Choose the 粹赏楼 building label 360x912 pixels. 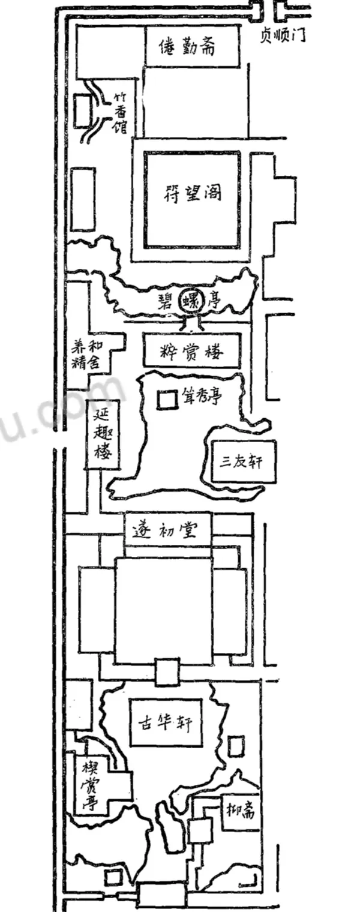pyautogui.click(x=191, y=351)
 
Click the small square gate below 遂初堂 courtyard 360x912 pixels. pyautogui.click(x=166, y=671)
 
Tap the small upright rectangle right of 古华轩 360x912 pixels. pyautogui.click(x=237, y=746)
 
